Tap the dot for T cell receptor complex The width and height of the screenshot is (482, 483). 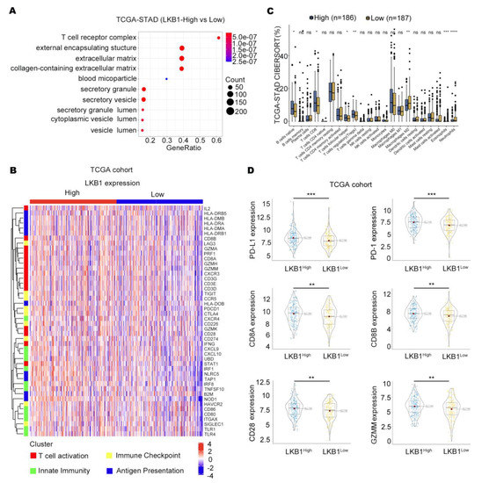(217, 37)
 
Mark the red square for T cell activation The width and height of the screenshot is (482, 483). (33, 457)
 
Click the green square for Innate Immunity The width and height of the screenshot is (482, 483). (33, 472)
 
